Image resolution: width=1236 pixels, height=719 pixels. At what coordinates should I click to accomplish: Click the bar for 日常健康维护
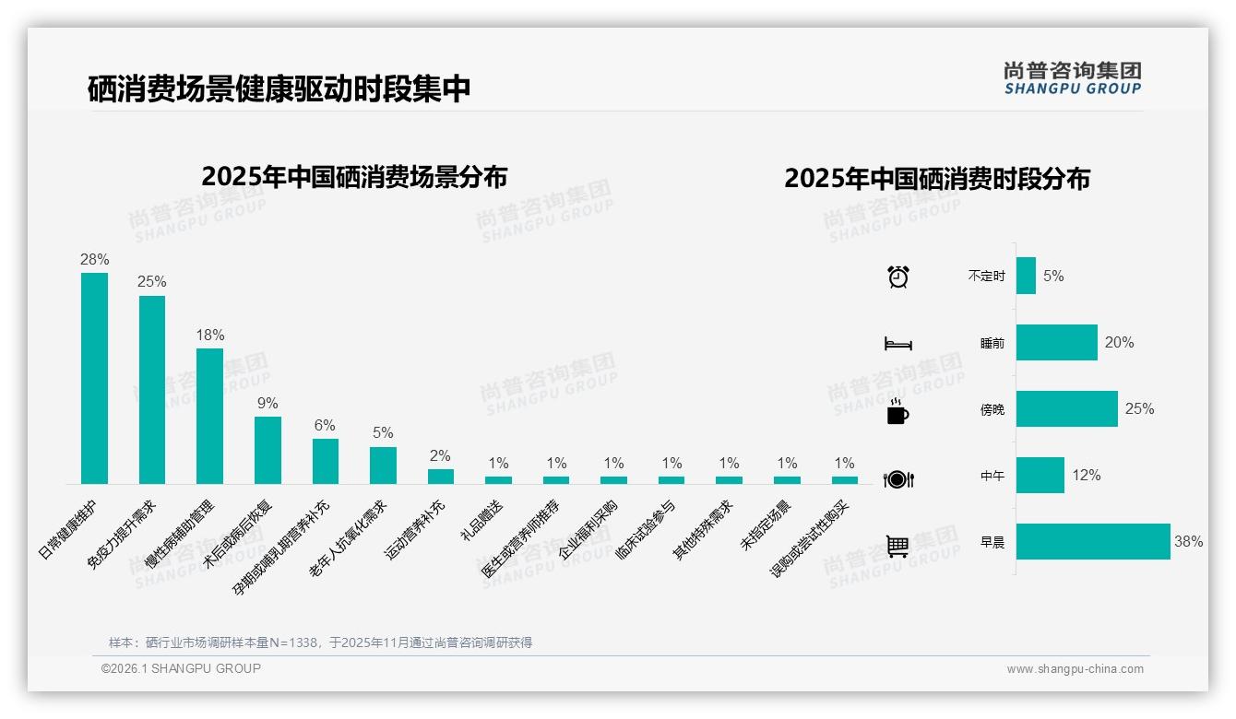tap(94, 378)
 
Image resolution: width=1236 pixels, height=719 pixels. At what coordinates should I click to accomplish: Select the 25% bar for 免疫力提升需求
tap(152, 389)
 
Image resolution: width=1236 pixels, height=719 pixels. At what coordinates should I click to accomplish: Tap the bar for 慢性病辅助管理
tap(209, 416)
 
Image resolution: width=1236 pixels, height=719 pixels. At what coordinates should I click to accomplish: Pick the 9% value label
tap(267, 404)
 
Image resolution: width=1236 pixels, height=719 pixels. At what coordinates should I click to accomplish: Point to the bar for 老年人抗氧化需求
tap(383, 466)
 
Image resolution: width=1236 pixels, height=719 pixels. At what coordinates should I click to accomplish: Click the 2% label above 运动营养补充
tap(440, 455)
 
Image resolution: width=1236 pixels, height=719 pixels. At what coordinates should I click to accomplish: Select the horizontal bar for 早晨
tap(1093, 542)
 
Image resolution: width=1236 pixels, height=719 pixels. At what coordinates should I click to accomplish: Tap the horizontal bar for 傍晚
tap(1066, 408)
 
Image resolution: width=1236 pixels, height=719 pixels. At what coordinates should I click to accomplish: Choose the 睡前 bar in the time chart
tap(1056, 342)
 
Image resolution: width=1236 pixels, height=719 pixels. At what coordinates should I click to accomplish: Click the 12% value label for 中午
tap(1087, 476)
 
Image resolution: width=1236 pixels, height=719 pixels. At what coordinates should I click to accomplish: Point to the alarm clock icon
tap(898, 276)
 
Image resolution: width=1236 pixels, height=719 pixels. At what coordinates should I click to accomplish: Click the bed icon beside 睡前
tap(898, 344)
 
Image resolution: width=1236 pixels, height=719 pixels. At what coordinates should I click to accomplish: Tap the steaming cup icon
tap(897, 411)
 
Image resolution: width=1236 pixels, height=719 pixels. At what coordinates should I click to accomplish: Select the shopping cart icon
tap(897, 546)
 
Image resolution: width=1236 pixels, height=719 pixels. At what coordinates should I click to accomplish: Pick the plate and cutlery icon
tap(898, 479)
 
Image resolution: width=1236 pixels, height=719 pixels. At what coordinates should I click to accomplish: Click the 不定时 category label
tap(986, 277)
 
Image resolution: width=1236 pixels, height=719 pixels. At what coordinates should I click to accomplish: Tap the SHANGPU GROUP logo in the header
tap(1073, 78)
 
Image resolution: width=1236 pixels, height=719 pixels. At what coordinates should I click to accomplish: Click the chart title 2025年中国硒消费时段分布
tap(937, 179)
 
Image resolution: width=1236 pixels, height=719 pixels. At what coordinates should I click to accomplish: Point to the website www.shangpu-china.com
tap(1075, 669)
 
